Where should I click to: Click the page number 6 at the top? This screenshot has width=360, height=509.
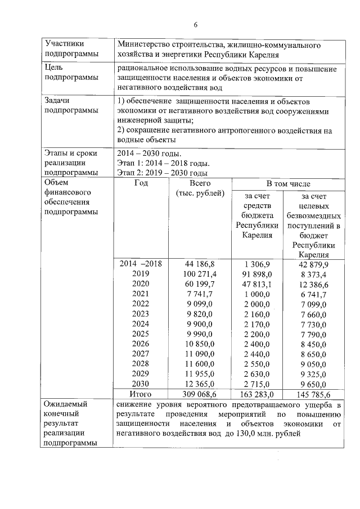(195, 24)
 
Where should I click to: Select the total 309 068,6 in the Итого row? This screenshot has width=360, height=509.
(200, 394)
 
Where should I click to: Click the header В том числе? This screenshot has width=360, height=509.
(288, 184)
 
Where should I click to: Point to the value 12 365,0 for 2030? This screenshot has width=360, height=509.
(200, 384)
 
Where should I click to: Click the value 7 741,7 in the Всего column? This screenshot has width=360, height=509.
(200, 293)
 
